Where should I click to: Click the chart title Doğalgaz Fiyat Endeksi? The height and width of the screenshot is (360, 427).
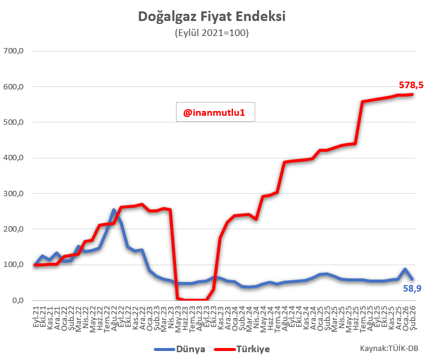[211, 16]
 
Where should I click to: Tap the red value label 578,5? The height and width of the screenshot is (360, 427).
[411, 86]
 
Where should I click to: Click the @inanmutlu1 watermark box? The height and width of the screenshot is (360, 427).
[215, 111]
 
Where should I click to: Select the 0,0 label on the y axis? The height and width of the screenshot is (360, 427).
[17, 300]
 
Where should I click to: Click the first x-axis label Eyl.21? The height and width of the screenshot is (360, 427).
[37, 314]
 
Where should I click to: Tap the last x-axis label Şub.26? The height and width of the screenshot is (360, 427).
[413, 314]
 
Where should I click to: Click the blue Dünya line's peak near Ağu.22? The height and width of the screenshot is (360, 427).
[114, 210]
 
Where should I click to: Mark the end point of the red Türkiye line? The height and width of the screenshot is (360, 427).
[413, 94]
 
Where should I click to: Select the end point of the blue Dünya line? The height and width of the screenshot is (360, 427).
[413, 279]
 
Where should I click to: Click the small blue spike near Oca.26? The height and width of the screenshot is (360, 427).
[405, 269]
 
